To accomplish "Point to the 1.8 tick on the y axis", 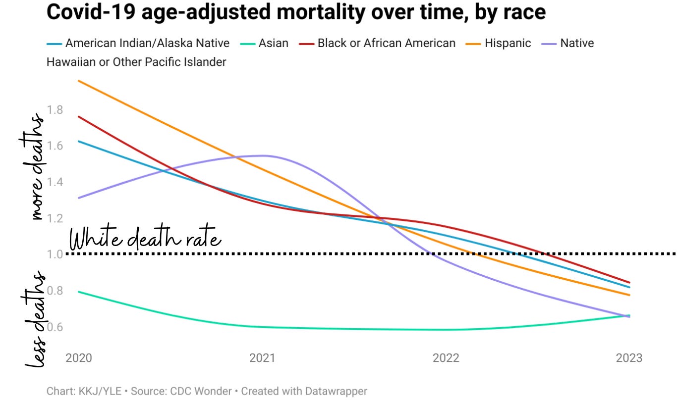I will coord(55,109).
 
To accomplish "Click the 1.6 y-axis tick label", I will coord(55,146).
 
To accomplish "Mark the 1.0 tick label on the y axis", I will coord(55,254).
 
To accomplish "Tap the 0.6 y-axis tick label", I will coord(55,327).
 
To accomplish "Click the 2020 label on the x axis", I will coord(79,358).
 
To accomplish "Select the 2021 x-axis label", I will coord(262,358).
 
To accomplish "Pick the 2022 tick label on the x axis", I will coord(446,358).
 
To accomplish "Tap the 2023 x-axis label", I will coord(629,358).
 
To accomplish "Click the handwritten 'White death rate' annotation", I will coord(145,240).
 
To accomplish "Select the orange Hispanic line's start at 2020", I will coord(79,81).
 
